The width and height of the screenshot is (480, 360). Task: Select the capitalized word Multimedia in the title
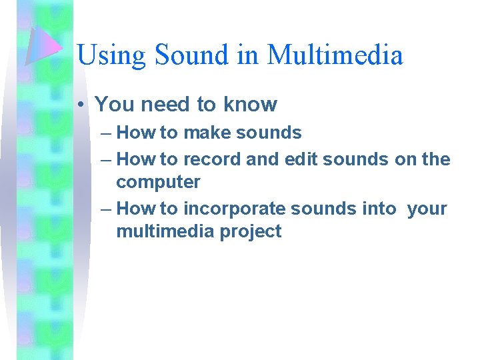(x=335, y=54)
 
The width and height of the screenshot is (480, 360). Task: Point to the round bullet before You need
(x=81, y=105)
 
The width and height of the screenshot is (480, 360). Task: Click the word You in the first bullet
(x=111, y=104)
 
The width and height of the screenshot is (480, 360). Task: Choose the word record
(x=212, y=159)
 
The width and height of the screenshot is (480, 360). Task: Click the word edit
(x=301, y=159)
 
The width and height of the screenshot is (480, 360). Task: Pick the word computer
(x=158, y=182)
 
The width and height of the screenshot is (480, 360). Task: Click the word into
(x=379, y=209)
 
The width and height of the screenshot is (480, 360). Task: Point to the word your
(x=427, y=209)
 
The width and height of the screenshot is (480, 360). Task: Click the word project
(x=253, y=232)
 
